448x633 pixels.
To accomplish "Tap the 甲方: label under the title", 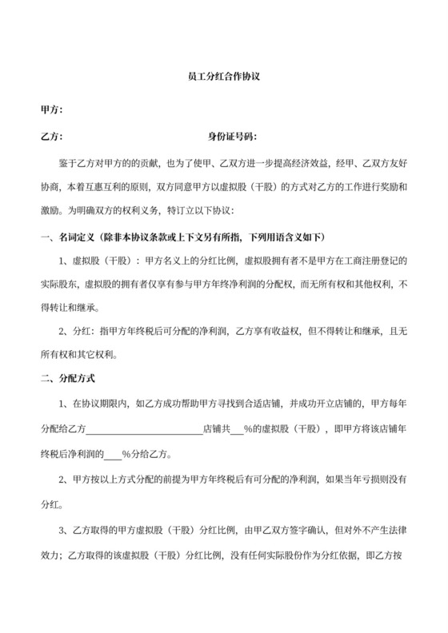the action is pyautogui.click(x=52, y=109).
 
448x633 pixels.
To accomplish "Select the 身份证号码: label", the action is pyautogui.click(x=233, y=137).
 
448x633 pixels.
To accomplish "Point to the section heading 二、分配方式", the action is pyautogui.click(x=67, y=376).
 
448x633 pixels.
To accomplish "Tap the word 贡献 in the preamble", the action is pyautogui.click(x=150, y=165).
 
